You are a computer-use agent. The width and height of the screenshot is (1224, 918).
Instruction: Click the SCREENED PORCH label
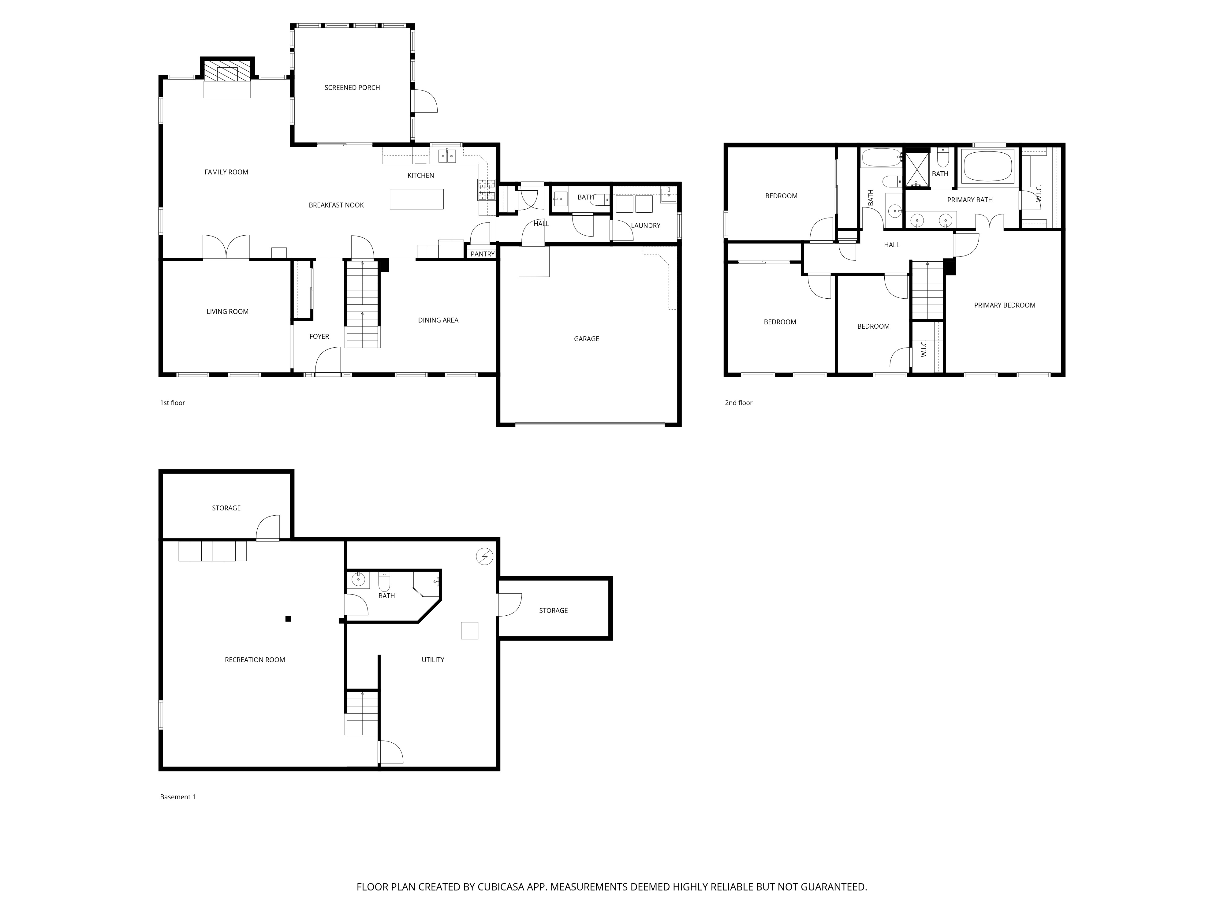click(352, 88)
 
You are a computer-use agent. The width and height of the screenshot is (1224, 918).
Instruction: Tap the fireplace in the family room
click(227, 71)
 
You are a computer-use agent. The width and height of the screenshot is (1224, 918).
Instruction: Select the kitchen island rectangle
click(417, 199)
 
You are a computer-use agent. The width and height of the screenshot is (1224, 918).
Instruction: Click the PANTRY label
click(483, 254)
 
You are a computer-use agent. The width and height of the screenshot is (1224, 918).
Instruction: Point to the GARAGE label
click(587, 339)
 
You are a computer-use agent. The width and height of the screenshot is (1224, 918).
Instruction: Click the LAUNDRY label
click(646, 226)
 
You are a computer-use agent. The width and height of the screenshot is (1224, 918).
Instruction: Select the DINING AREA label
click(438, 320)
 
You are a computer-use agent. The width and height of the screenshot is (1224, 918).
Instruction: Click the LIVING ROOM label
click(227, 312)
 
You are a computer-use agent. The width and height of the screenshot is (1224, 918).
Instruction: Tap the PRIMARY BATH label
click(970, 200)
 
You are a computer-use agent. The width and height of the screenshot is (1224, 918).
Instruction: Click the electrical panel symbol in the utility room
click(485, 557)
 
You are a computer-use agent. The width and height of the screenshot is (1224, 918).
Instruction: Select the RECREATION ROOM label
click(255, 660)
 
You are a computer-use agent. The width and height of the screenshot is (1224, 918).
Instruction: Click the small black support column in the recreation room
click(288, 619)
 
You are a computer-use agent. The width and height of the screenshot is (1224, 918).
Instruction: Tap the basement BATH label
click(387, 596)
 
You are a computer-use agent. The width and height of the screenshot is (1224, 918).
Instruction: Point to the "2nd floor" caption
click(739, 403)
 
